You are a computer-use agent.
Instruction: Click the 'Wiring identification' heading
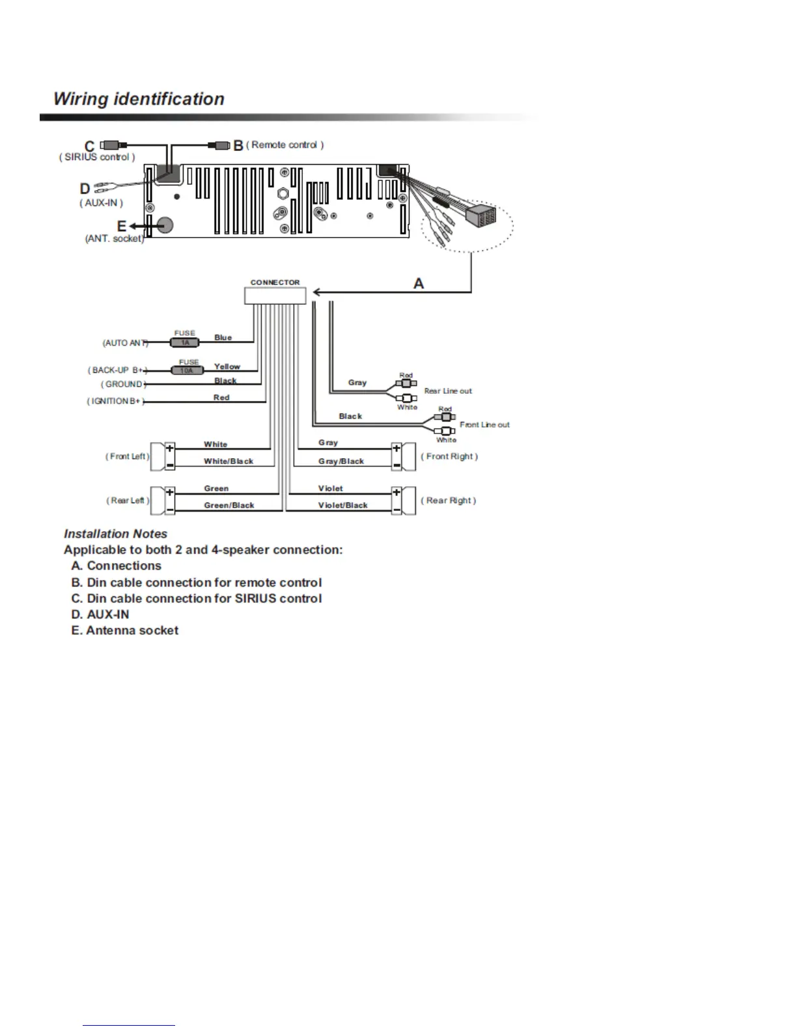point(139,99)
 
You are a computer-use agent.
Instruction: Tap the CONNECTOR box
point(275,296)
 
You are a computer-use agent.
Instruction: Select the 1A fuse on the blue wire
point(186,342)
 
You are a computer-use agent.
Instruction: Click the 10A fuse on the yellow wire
point(187,370)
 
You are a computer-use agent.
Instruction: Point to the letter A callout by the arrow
point(419,284)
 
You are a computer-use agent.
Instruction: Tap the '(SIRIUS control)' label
point(97,157)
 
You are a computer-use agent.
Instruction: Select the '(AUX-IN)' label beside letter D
point(101,202)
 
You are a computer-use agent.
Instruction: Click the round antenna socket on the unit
point(165,225)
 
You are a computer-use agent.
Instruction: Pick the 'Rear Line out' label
point(448,391)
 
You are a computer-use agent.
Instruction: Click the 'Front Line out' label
point(484,424)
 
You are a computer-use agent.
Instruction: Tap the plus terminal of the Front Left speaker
point(170,448)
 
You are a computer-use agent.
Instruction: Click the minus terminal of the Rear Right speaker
point(396,509)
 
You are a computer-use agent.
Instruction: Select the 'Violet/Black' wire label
point(343,505)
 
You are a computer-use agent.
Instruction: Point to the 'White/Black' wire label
point(229,461)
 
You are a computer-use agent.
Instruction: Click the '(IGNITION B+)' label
point(115,401)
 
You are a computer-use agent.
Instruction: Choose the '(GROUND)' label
point(123,384)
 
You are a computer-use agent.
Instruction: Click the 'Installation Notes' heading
point(115,534)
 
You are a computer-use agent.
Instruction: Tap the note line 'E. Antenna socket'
point(124,630)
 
